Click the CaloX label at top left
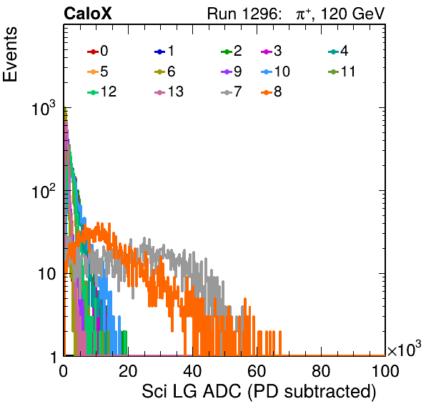tap(87, 14)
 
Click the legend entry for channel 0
tap(97, 51)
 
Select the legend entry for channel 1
tap(164, 51)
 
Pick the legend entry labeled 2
tap(231, 51)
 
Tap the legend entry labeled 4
tap(338, 51)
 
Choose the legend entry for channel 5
tap(97, 72)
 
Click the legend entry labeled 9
tap(231, 72)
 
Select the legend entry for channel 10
tap(275, 72)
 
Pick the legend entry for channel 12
tap(102, 92)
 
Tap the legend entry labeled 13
tap(169, 92)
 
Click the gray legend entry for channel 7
tap(231, 92)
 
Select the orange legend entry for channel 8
tap(271, 92)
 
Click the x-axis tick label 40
tap(192, 371)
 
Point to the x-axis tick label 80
tap(321, 371)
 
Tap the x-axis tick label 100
tap(385, 371)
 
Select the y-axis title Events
tap(10, 54)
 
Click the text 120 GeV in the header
tap(353, 14)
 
